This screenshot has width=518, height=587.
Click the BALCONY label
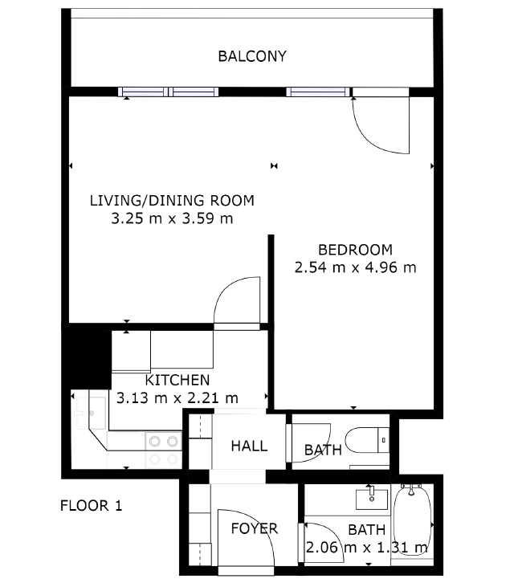click(x=252, y=56)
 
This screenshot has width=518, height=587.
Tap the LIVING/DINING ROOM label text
click(x=172, y=201)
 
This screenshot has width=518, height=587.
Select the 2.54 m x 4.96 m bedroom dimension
click(x=355, y=267)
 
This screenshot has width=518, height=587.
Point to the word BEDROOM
click(x=355, y=250)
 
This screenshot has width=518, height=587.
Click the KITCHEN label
click(x=177, y=381)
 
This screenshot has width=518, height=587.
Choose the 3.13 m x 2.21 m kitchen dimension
click(x=177, y=397)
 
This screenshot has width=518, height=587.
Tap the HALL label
click(x=249, y=446)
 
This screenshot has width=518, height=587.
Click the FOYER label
click(x=255, y=528)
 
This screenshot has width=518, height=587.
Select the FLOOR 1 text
click(x=91, y=506)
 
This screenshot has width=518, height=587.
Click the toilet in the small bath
click(x=367, y=440)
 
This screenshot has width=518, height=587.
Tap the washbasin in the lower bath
click(x=372, y=499)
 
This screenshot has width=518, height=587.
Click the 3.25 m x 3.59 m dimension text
click(x=172, y=218)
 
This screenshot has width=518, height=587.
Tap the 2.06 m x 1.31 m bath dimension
click(x=367, y=548)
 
